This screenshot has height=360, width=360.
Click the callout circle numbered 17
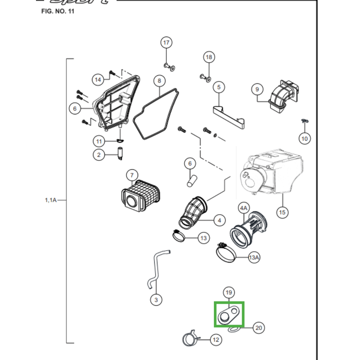(x=166, y=43)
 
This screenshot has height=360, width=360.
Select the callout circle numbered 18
(x=208, y=57)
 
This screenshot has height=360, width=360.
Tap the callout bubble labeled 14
(x=98, y=80)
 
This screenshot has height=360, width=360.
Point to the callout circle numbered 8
(x=158, y=81)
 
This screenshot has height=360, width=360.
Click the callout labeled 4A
(x=243, y=208)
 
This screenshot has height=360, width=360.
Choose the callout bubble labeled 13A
(x=254, y=257)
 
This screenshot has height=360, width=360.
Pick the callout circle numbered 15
(x=282, y=212)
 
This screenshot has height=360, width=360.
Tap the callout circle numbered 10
(x=305, y=138)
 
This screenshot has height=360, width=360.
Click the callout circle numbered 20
(x=258, y=328)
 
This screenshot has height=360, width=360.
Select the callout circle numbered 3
(x=156, y=299)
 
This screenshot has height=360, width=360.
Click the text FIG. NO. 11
(x=58, y=11)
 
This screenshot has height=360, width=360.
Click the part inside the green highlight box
(x=228, y=314)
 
